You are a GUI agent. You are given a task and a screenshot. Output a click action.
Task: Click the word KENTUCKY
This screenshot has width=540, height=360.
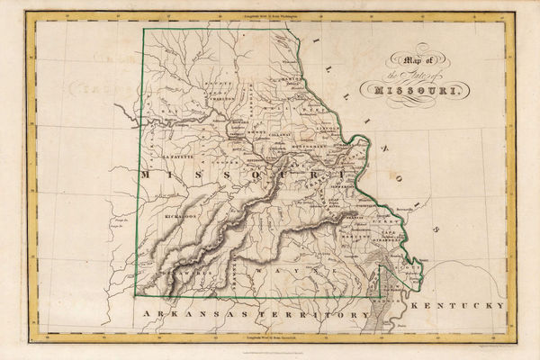click(x=456, y=306)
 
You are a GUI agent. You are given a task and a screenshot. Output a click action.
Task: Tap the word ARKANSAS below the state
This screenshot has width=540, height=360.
click(x=184, y=315)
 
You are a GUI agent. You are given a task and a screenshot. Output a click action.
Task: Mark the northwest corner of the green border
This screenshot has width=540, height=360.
click(x=141, y=29)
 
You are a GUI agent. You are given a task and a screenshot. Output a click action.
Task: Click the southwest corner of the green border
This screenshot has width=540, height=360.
click(x=136, y=295)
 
